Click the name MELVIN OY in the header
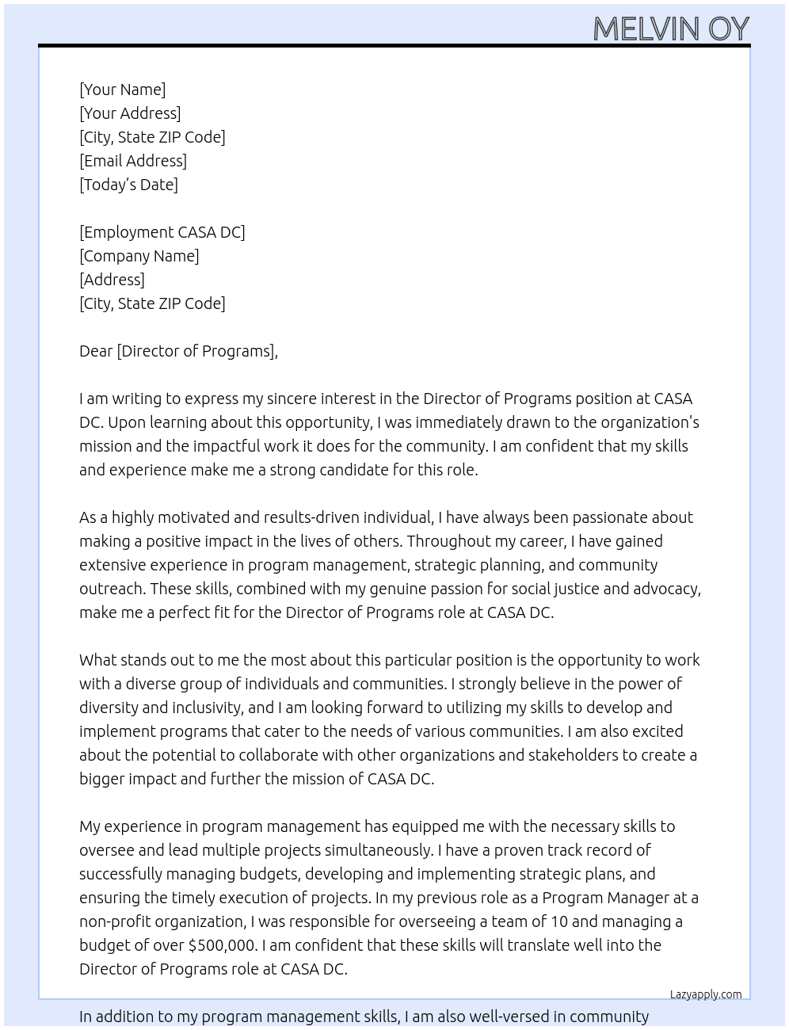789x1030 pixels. tap(670, 29)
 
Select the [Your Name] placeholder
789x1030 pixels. tap(122, 90)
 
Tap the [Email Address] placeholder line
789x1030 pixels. tap(133, 161)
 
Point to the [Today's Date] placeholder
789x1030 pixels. tap(128, 185)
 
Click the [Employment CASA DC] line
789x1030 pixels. tap(162, 232)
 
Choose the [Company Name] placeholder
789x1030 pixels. tap(139, 256)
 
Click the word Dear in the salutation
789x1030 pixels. tap(96, 351)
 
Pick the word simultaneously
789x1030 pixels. tap(379, 850)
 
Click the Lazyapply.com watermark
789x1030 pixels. tap(705, 994)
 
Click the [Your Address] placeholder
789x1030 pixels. tap(130, 113)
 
